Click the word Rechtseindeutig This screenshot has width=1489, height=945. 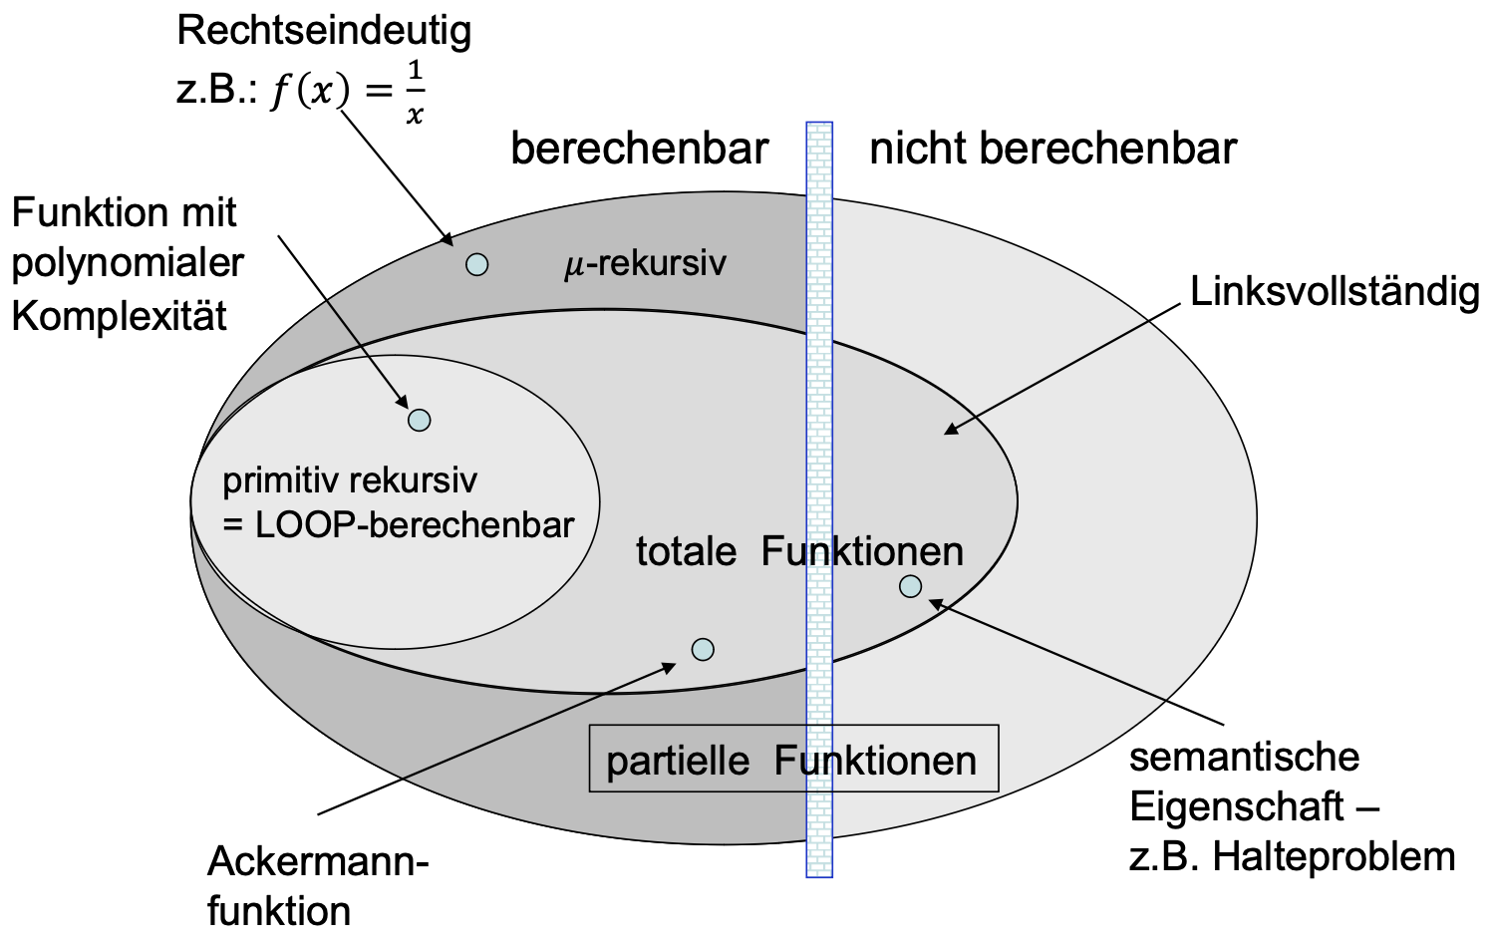[x=324, y=32]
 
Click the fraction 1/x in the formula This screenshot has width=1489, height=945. [x=414, y=93]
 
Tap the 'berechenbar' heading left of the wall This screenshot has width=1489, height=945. [x=639, y=149]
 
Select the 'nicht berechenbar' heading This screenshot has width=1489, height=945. [x=1052, y=149]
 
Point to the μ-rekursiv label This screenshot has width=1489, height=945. [x=645, y=264]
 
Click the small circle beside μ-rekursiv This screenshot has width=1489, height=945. [x=477, y=264]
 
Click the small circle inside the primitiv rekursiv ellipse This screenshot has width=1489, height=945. [x=420, y=420]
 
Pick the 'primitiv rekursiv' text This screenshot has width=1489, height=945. [x=349, y=481]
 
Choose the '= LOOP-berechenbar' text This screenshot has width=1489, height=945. [x=399, y=525]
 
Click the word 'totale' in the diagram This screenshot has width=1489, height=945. [x=686, y=551]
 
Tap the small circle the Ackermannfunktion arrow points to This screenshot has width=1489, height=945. [x=703, y=650]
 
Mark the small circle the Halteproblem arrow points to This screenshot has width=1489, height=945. [x=910, y=586]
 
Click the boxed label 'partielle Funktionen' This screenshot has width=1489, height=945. [x=792, y=760]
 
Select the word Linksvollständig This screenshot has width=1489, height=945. [x=1335, y=292]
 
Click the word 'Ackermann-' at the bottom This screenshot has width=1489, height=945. [x=318, y=862]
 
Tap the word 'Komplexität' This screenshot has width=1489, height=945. [x=120, y=316]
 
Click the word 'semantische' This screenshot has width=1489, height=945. [x=1244, y=757]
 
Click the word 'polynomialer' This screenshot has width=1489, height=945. [x=128, y=263]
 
